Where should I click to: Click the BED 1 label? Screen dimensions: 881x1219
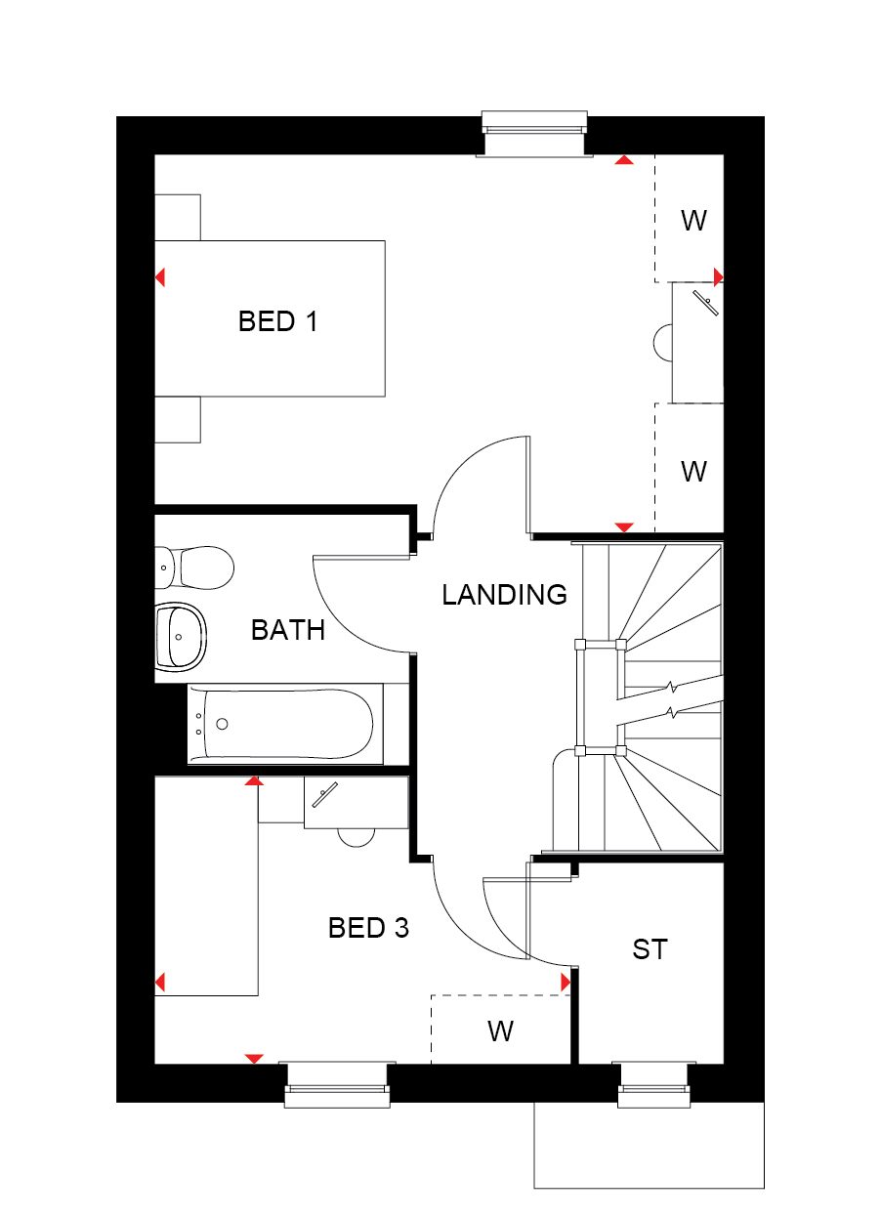[277, 321]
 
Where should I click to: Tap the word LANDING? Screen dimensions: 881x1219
[504, 594]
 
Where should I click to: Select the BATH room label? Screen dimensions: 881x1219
[288, 630]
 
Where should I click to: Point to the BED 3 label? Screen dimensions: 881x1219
[368, 928]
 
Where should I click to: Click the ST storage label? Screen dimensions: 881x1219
[650, 949]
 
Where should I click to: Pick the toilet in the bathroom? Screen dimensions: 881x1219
[194, 568]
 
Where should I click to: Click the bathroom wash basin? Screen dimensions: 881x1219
[182, 637]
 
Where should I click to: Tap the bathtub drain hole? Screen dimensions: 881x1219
[222, 724]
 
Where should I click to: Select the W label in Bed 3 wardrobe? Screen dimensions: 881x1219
[501, 1030]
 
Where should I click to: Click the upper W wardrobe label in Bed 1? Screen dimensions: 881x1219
[693, 221]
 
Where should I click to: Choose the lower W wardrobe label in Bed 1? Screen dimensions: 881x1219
[693, 471]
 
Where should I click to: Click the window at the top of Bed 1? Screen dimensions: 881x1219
[534, 134]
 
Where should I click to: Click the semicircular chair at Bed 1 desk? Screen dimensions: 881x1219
[663, 342]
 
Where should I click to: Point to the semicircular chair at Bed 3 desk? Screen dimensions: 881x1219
[357, 837]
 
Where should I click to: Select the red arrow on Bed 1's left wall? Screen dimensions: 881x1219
[160, 277]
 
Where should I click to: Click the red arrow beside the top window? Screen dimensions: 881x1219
[624, 160]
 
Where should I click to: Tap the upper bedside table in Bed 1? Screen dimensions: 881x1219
[178, 218]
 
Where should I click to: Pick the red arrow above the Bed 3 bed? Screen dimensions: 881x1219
[254, 781]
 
